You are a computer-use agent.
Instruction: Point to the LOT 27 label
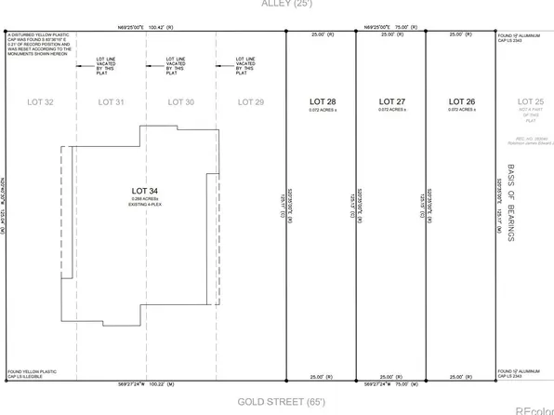click(x=391, y=100)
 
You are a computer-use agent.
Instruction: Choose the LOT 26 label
click(x=462, y=100)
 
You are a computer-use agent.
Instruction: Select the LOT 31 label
click(x=111, y=100)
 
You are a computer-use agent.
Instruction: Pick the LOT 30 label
click(x=181, y=100)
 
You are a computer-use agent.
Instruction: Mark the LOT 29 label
click(x=251, y=100)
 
